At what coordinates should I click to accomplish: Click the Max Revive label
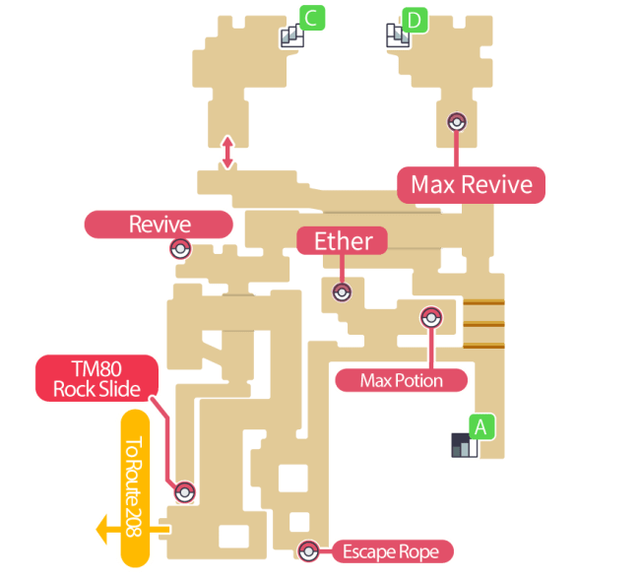click(x=471, y=185)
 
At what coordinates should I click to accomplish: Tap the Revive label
click(x=159, y=225)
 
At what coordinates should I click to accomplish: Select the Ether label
click(x=342, y=240)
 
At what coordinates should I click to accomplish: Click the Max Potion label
click(x=401, y=380)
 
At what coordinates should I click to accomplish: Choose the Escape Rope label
click(x=391, y=551)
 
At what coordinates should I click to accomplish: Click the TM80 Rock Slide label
click(x=96, y=378)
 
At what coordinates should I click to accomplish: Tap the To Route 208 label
click(x=133, y=487)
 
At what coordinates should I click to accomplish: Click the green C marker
click(x=312, y=18)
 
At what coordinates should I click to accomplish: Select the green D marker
click(x=415, y=18)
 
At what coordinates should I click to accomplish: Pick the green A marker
click(x=480, y=427)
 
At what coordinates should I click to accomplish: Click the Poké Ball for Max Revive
click(x=456, y=122)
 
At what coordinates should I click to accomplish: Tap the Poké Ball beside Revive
click(x=180, y=249)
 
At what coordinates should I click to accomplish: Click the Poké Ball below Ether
click(x=342, y=291)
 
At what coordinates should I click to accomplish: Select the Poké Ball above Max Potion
click(x=430, y=317)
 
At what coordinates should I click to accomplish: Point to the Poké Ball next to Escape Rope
click(x=309, y=551)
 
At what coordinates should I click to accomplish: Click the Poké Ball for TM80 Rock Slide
click(x=184, y=492)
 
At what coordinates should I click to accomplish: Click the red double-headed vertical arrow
click(x=227, y=153)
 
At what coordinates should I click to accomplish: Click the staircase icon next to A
click(x=462, y=445)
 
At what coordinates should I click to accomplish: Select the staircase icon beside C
click(x=291, y=36)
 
